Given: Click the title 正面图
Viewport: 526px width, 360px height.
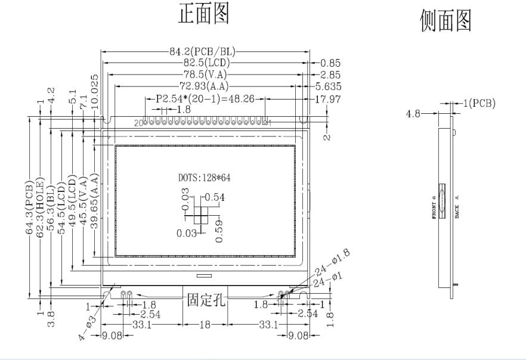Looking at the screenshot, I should click(x=204, y=15).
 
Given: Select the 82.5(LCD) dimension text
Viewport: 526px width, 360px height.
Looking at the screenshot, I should click(x=202, y=63).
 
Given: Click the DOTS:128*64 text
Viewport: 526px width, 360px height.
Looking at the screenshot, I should click(x=205, y=178).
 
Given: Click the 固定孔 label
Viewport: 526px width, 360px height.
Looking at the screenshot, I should click(x=205, y=299).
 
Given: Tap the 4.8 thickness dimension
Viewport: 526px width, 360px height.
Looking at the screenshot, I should click(x=414, y=113).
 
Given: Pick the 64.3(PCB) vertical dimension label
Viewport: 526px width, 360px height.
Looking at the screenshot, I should click(x=29, y=206).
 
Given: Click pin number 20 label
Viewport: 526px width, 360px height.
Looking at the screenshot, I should click(x=140, y=123).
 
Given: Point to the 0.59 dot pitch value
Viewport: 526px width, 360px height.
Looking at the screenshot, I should click(x=218, y=230).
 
